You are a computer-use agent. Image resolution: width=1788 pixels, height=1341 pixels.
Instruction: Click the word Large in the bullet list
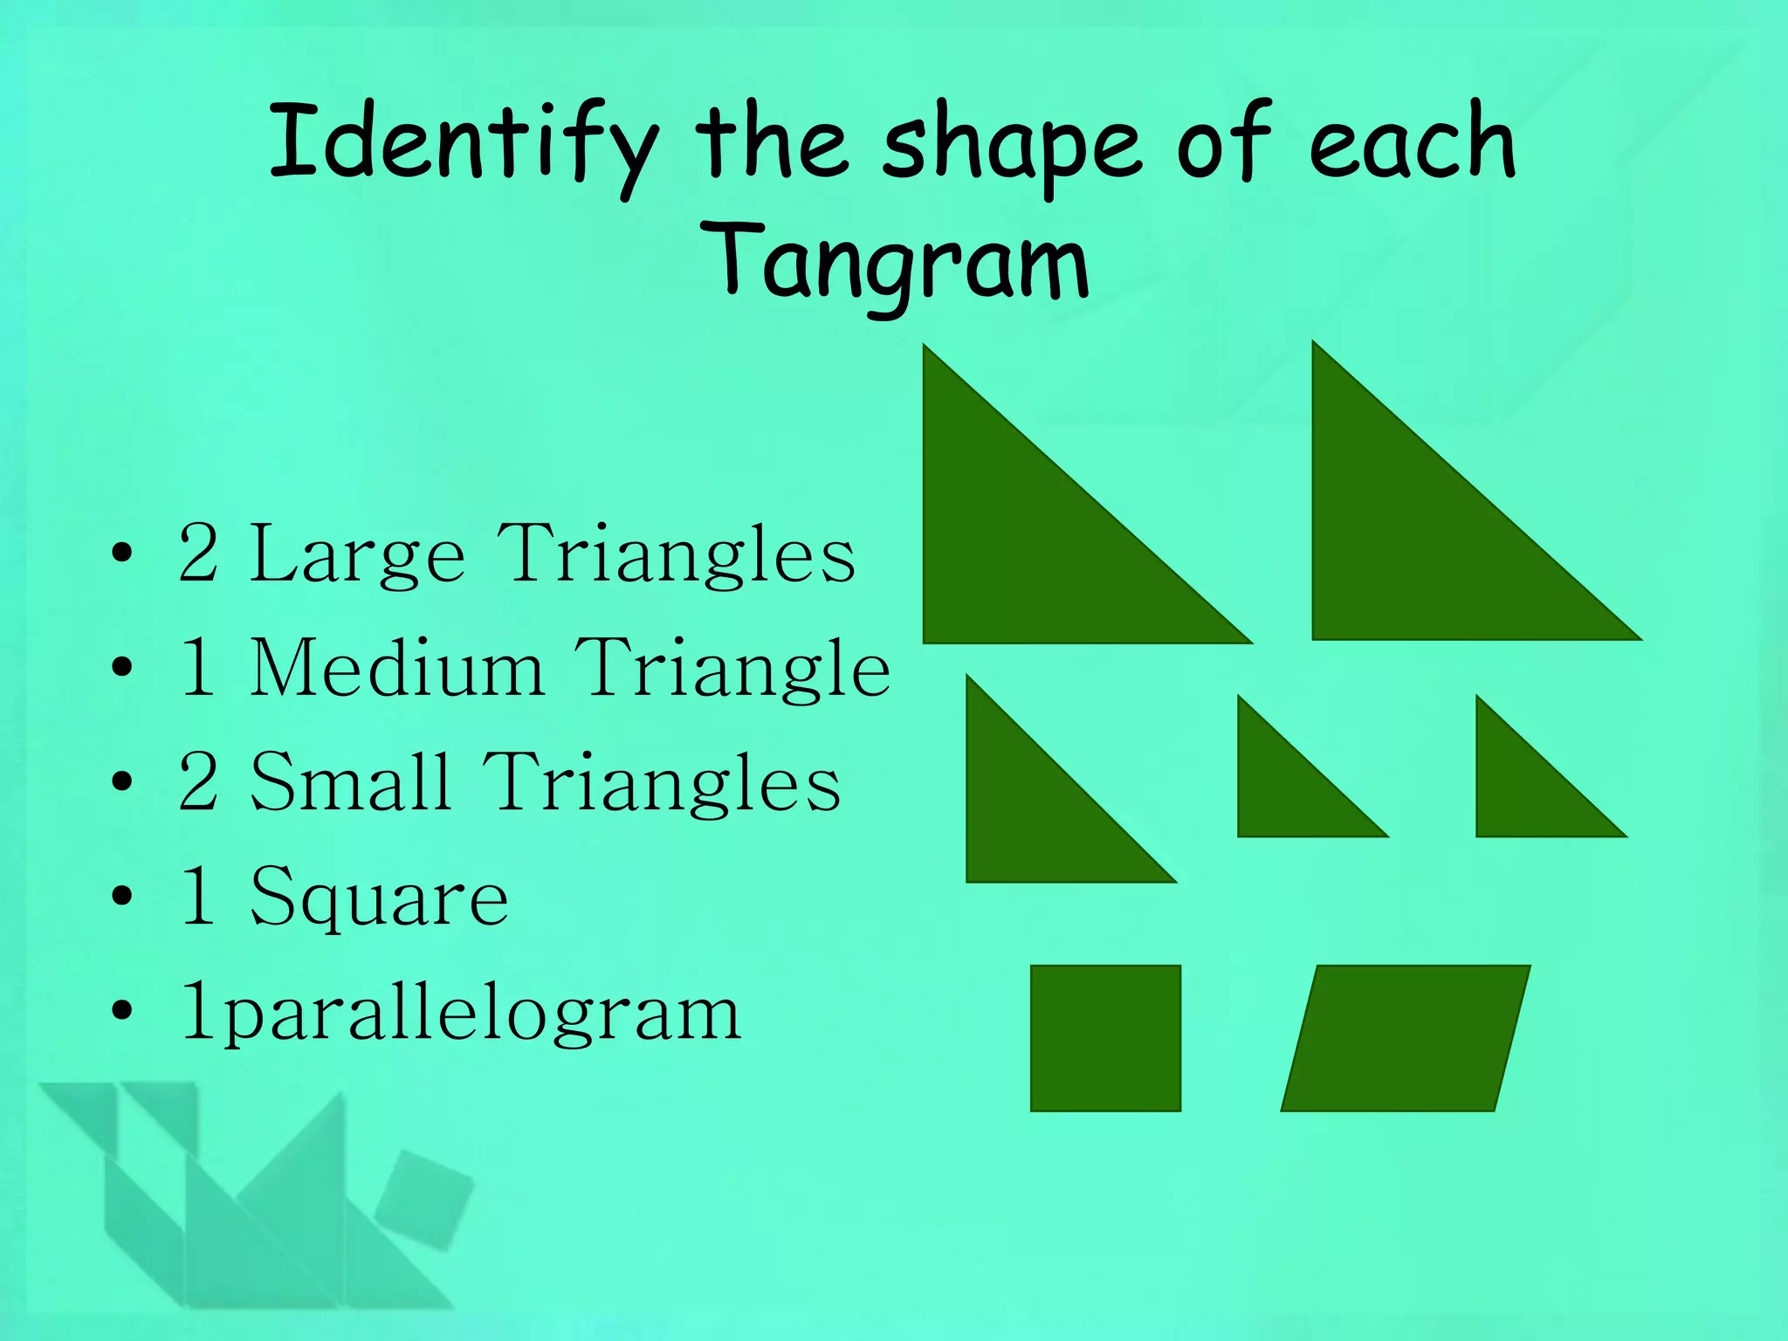point(357,555)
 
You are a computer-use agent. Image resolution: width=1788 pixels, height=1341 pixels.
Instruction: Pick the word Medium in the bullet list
point(397,669)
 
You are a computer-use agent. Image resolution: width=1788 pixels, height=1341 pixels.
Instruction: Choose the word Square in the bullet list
point(379,897)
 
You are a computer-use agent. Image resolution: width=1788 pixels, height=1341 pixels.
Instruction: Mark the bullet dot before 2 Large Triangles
point(122,554)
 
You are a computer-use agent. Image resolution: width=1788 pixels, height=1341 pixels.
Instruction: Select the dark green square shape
point(1105,1038)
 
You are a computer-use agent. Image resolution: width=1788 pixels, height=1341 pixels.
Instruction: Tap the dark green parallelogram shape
point(1406,1038)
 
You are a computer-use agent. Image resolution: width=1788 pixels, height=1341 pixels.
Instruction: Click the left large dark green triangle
point(1030,541)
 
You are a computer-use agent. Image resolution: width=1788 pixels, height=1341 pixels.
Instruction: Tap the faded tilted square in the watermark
point(424,1199)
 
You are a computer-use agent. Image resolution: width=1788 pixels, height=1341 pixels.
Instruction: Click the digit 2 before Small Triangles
point(198,782)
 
